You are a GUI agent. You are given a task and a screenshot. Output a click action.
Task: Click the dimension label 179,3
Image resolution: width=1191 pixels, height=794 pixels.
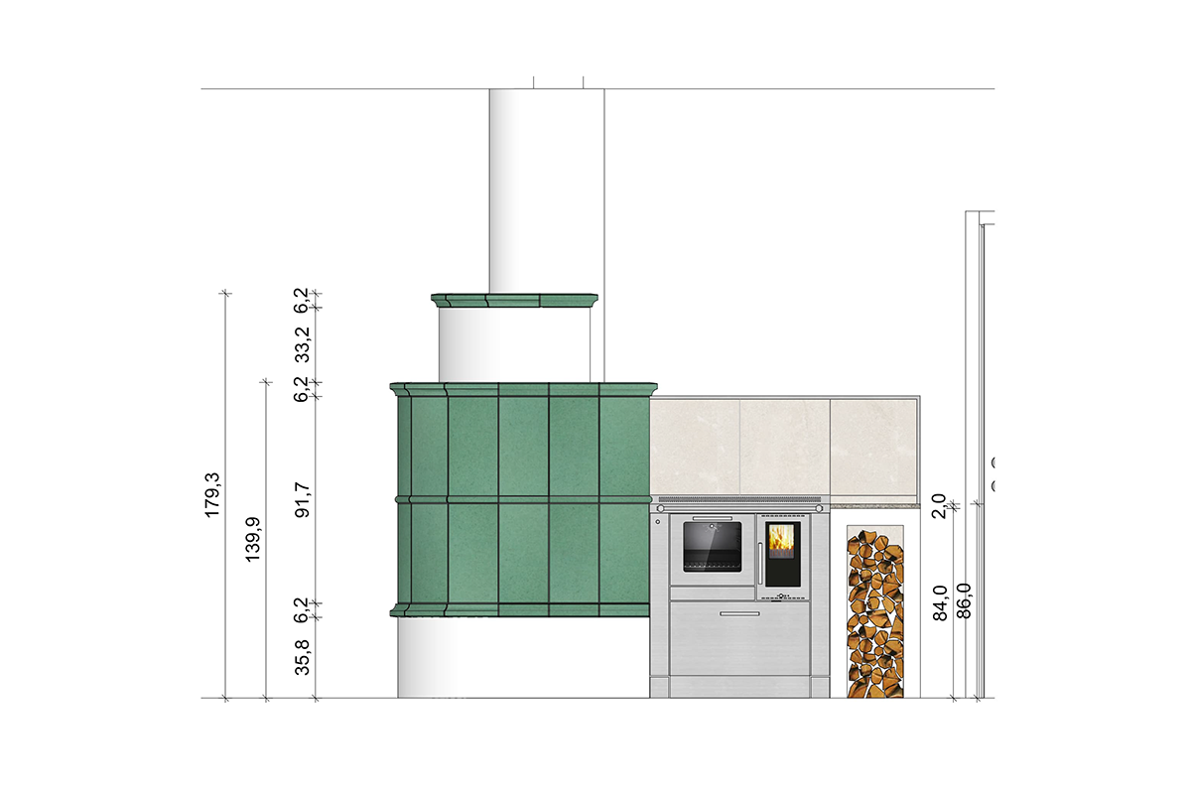[212, 494]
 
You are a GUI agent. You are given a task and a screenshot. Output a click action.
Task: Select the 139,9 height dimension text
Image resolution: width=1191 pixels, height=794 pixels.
[253, 539]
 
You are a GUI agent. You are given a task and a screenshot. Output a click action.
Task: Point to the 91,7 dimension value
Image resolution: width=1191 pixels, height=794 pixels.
[302, 500]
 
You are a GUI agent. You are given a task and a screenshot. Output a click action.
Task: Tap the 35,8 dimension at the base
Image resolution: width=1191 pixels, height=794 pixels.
[302, 657]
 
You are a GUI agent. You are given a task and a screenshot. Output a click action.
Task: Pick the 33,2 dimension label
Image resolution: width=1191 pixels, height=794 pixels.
[302, 344]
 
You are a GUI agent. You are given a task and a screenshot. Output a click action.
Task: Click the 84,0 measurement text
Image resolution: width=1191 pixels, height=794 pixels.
[940, 602]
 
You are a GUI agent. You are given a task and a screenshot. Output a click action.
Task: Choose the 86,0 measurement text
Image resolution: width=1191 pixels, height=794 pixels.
[964, 600]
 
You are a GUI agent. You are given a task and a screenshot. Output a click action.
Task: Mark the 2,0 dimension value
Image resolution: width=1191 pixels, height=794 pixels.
[939, 506]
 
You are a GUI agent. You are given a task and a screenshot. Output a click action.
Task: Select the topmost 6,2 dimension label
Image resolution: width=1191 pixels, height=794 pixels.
[301, 300]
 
